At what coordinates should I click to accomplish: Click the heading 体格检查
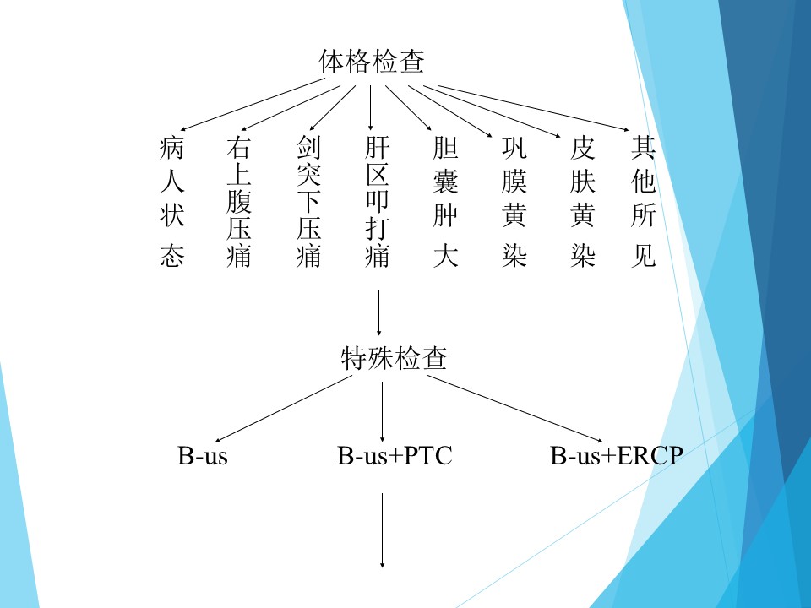(x=372, y=62)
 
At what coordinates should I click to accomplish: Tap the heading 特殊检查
(x=395, y=358)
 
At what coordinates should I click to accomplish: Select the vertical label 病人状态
(x=171, y=201)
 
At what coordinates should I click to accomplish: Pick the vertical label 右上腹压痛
(x=239, y=201)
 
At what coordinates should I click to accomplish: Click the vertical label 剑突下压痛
(x=309, y=201)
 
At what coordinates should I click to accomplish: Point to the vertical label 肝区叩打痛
(x=377, y=201)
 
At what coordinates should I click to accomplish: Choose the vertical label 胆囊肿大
(x=445, y=201)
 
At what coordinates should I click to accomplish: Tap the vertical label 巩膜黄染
(x=514, y=201)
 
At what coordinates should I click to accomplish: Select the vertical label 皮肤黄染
(x=582, y=201)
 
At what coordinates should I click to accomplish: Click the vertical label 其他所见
(x=644, y=201)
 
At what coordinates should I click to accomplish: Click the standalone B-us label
(x=202, y=455)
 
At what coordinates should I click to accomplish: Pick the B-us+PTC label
(x=395, y=455)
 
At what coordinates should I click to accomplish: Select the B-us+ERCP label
(x=617, y=455)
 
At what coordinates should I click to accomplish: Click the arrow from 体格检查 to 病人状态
(x=253, y=105)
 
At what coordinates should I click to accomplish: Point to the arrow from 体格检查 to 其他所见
(x=534, y=108)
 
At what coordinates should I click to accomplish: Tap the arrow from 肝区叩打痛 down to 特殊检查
(x=378, y=312)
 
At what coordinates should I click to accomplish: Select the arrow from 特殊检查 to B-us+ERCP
(x=515, y=409)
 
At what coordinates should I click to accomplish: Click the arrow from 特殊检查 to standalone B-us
(x=284, y=409)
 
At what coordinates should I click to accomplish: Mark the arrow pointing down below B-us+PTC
(x=382, y=530)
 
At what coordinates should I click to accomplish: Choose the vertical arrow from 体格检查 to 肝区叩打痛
(x=370, y=107)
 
